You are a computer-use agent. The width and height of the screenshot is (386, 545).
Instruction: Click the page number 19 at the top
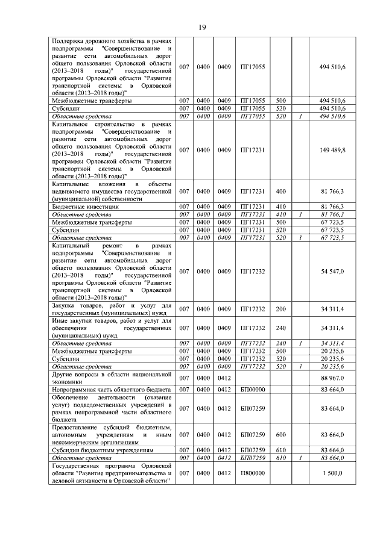click(203, 27)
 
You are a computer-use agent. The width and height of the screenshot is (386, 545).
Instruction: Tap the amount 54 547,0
click(332, 272)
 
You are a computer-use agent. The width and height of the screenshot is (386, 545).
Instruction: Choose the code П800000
click(253, 473)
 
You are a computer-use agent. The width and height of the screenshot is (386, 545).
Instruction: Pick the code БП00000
click(253, 390)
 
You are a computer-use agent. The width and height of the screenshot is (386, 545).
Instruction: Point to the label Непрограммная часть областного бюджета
click(111, 390)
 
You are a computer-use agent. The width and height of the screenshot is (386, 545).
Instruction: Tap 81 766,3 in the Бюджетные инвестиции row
click(332, 207)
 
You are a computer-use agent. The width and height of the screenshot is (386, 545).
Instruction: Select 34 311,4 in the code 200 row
click(332, 310)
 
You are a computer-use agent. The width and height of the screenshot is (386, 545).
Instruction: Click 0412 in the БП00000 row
click(224, 390)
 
